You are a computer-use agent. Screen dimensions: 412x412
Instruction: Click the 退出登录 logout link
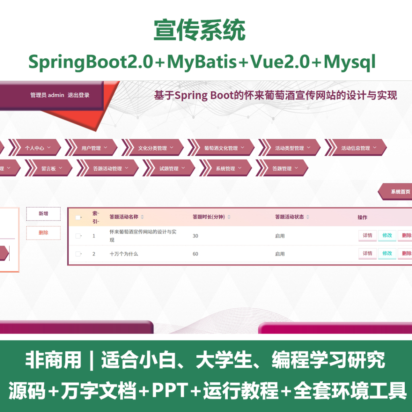(x=78, y=95)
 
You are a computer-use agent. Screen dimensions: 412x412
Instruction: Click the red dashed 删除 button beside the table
(x=43, y=233)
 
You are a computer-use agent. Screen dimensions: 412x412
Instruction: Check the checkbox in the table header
(x=78, y=217)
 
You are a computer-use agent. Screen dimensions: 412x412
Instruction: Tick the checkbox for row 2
(x=78, y=254)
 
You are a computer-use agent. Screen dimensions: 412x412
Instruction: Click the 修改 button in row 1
(x=387, y=235)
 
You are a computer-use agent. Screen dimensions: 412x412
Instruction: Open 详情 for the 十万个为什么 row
(x=367, y=253)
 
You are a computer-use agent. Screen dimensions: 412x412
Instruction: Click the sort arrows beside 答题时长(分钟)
(x=229, y=217)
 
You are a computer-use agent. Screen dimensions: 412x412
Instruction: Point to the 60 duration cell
(x=195, y=254)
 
